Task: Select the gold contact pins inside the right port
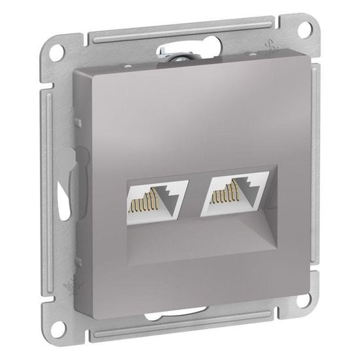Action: [220, 194]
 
